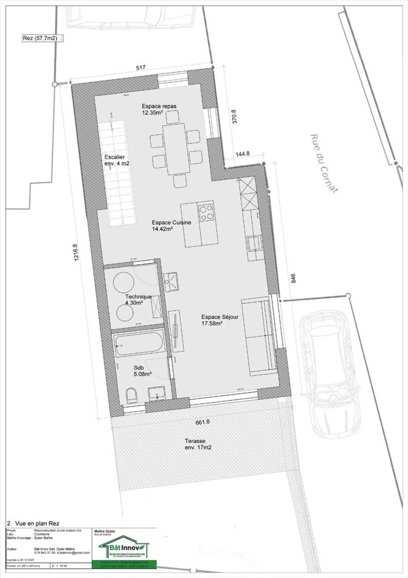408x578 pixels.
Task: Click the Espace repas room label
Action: (159, 109)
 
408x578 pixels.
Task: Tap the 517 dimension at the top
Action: (141, 67)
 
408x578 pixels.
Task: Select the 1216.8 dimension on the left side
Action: (76, 252)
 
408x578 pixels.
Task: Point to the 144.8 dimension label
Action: (243, 154)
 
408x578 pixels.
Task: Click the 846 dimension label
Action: (293, 278)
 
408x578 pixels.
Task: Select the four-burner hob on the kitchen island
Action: (206, 213)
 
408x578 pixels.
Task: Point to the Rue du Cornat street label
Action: (324, 164)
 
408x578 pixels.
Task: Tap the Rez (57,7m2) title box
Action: (42, 38)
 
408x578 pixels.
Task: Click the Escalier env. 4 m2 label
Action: (117, 160)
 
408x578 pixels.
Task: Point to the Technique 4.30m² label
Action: (138, 299)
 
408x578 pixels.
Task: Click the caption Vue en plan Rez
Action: (37, 523)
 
